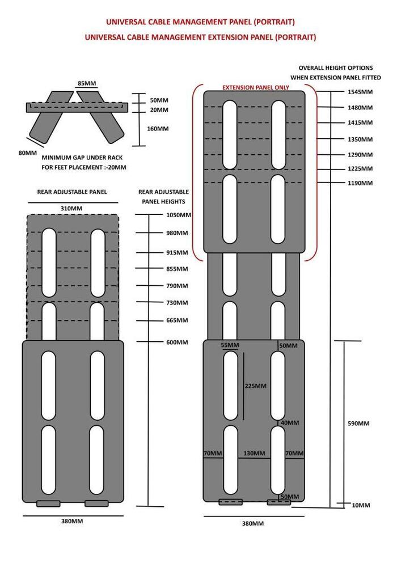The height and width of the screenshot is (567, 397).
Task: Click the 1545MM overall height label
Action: (x=360, y=92)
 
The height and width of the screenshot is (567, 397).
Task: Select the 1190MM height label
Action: (x=360, y=183)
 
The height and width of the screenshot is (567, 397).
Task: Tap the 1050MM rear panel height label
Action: (x=179, y=215)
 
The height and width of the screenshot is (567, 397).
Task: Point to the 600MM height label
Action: (x=177, y=342)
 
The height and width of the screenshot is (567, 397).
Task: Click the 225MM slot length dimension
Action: (x=256, y=386)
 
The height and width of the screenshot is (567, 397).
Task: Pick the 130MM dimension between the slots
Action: (x=254, y=453)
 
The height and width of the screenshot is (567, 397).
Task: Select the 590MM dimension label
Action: (x=358, y=424)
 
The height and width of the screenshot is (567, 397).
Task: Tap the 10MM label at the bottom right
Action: (x=361, y=505)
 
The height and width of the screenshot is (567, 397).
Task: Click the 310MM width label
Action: (x=71, y=208)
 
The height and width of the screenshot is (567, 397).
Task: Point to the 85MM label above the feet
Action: (x=87, y=83)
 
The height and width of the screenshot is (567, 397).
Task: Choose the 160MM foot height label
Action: (x=158, y=129)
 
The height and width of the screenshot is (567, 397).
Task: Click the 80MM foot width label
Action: (x=28, y=153)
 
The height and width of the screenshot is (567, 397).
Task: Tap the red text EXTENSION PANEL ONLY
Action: (x=256, y=87)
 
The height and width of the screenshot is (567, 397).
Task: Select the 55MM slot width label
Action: (x=230, y=345)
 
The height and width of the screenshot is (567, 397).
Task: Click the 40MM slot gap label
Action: (x=290, y=423)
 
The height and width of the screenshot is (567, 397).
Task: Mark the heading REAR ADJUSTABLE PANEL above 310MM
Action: (x=72, y=192)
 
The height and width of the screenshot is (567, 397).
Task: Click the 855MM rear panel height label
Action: (x=177, y=269)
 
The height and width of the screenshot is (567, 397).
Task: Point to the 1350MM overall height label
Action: (x=360, y=139)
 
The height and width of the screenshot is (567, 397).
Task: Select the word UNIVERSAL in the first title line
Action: (x=126, y=22)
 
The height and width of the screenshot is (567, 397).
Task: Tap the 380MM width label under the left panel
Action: (x=72, y=521)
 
